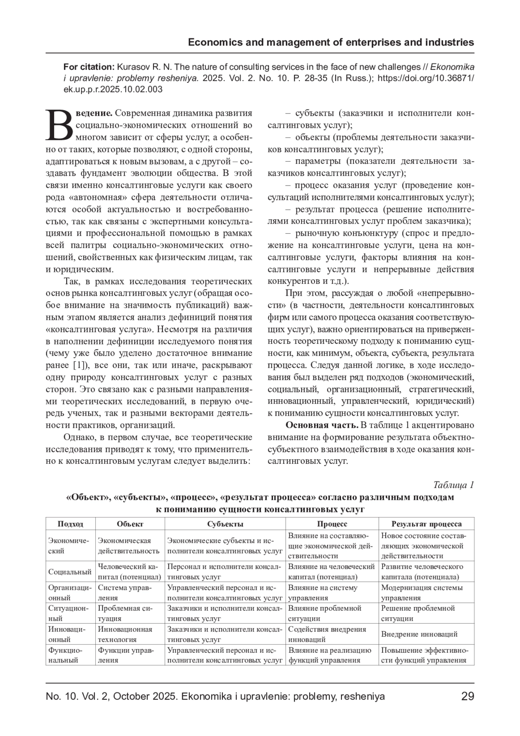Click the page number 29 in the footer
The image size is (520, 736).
click(468, 697)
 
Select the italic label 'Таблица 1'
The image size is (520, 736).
click(453, 485)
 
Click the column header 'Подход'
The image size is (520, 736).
click(70, 524)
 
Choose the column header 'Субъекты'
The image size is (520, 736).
click(225, 524)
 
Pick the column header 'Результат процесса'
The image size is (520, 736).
click(426, 524)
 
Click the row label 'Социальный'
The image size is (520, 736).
click(70, 572)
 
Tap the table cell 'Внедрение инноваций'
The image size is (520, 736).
click(419, 634)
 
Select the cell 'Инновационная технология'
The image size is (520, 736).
click(125, 634)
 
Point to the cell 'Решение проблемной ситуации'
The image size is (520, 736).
click(418, 613)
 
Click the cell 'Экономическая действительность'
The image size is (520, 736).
click(129, 546)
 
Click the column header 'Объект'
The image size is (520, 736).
click(130, 524)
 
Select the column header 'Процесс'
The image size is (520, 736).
click(332, 524)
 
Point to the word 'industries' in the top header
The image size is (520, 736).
click(451, 42)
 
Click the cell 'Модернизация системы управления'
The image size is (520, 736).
click(422, 593)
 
